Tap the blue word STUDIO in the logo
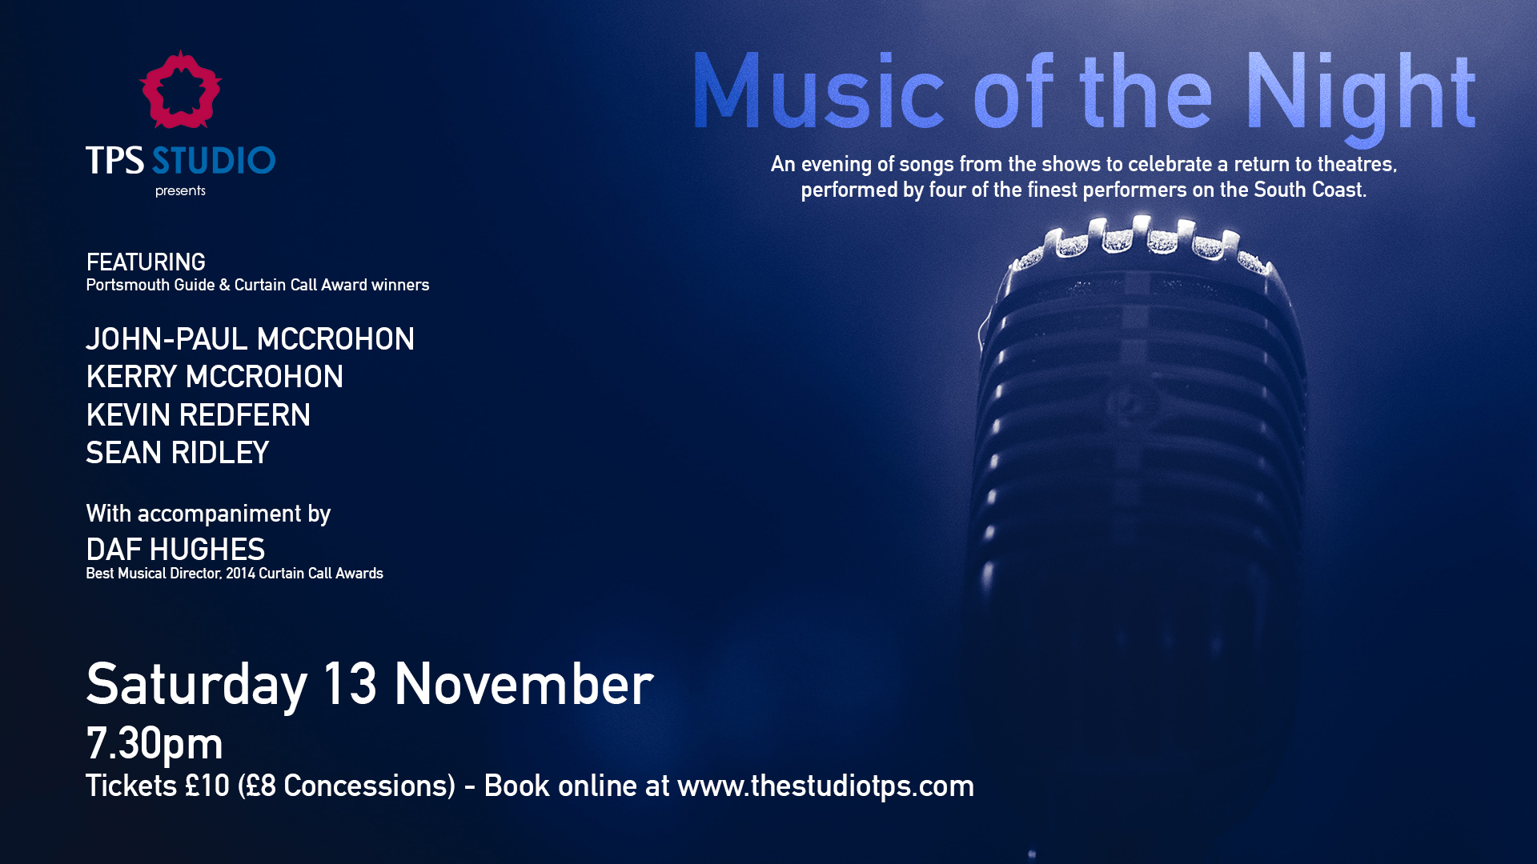(x=214, y=161)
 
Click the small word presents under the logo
(x=180, y=191)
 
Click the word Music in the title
(x=819, y=91)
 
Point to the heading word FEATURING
(x=146, y=262)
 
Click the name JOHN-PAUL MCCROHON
(x=250, y=339)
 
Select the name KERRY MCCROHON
(x=215, y=377)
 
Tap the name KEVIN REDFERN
(x=198, y=415)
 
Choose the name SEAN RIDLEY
(x=177, y=453)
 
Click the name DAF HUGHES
(x=175, y=550)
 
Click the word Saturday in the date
(x=196, y=686)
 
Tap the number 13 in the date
(x=350, y=684)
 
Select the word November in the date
(x=524, y=684)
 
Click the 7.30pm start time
(x=154, y=745)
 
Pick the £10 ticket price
(x=207, y=786)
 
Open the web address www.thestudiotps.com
(x=825, y=786)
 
